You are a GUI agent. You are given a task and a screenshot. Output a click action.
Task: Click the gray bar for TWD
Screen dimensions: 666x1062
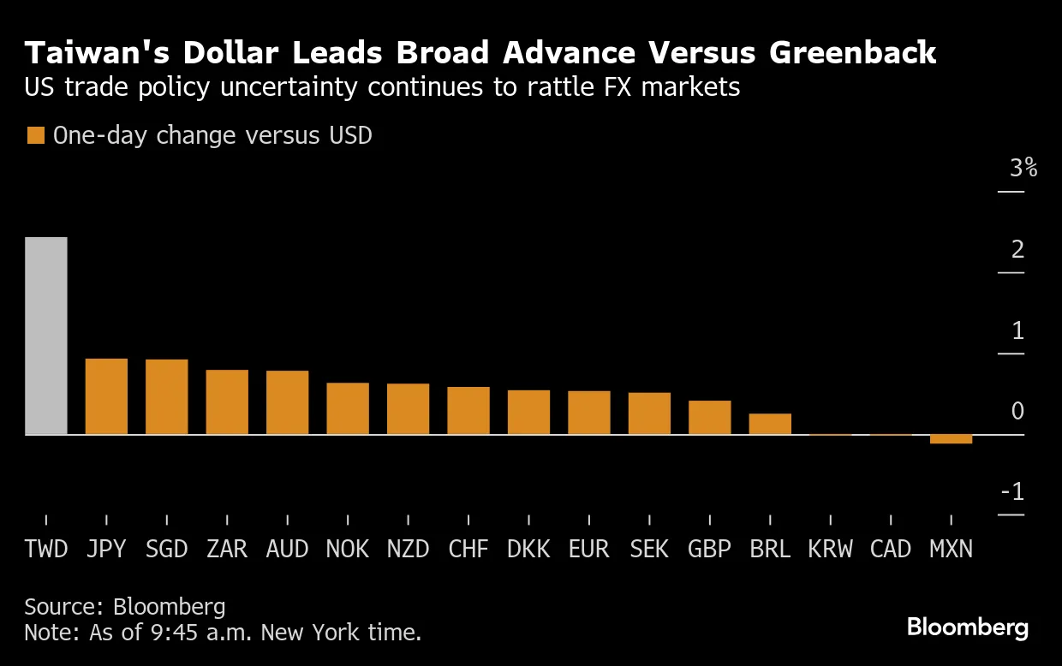46,336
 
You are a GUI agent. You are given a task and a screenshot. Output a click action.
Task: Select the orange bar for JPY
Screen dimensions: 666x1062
106,396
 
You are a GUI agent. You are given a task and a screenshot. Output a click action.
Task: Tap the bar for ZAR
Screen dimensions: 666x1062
227,402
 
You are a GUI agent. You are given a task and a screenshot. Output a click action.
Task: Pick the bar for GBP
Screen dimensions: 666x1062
709,418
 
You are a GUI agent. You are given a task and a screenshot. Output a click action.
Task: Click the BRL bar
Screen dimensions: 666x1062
770,424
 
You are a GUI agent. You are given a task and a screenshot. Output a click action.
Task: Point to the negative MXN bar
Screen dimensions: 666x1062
951,439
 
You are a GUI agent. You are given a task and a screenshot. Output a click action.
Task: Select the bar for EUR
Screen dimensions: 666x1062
589,413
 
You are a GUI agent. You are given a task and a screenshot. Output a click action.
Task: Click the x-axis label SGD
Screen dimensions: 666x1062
166,549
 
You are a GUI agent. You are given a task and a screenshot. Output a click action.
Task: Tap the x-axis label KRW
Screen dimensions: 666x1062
830,549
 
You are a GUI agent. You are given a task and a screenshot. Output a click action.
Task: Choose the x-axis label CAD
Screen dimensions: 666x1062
891,549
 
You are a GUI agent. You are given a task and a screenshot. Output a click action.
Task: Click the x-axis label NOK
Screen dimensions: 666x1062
348,549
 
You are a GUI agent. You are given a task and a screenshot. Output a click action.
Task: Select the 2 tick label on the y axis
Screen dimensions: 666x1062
1017,250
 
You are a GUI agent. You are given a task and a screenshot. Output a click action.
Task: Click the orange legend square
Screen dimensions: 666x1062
35,136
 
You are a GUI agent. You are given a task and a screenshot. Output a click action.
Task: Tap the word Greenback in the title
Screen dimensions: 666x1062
852,53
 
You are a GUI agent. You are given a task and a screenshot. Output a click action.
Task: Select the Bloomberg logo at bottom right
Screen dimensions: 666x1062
968,627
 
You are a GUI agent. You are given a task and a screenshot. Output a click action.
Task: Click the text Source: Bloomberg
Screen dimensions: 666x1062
125,607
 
